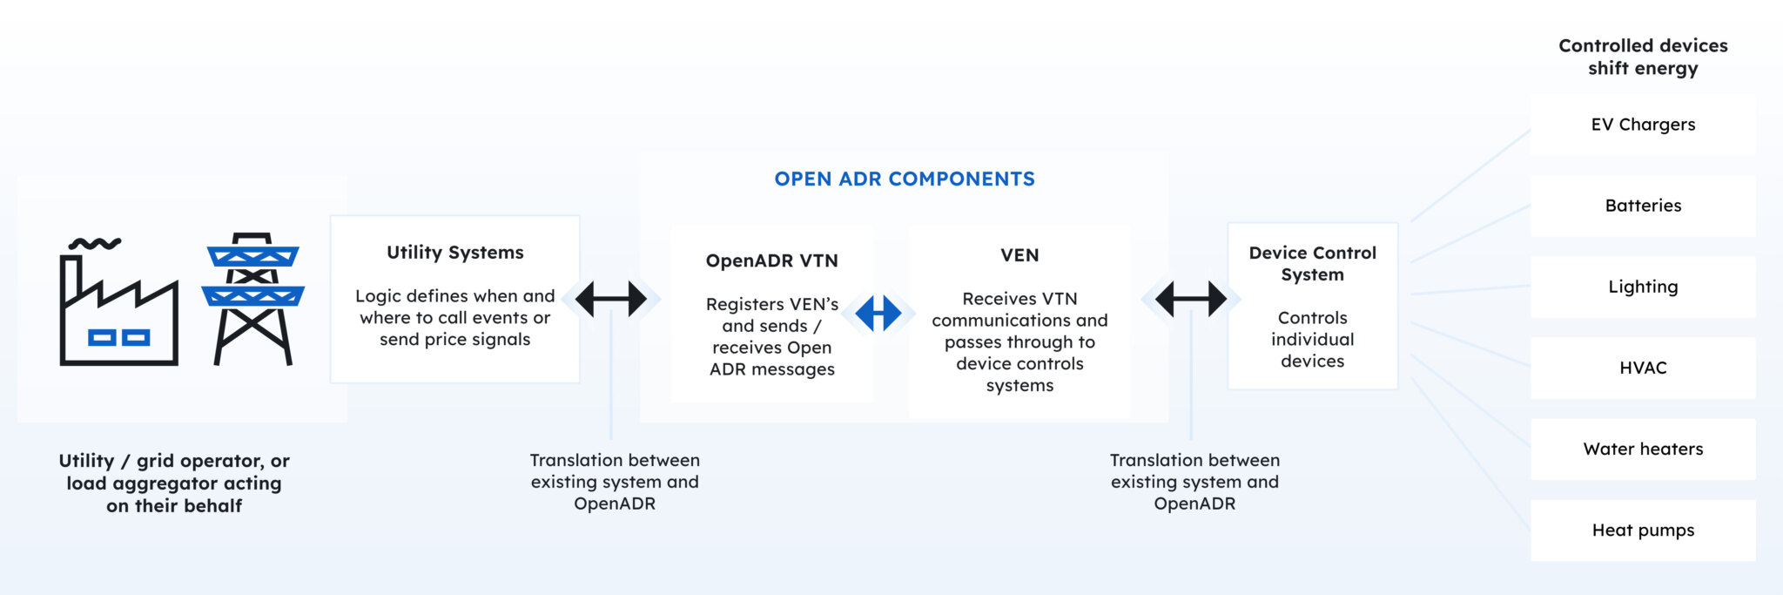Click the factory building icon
point(118,305)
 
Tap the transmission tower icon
point(252,298)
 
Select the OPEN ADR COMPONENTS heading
point(905,179)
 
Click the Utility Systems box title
point(454,253)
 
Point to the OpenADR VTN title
point(771,260)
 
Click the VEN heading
point(1019,255)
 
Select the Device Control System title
point(1312,263)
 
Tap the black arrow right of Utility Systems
point(611,299)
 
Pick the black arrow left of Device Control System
point(1190,299)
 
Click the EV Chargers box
point(1643,125)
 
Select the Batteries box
point(1643,206)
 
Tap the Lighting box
point(1643,287)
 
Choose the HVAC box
point(1643,368)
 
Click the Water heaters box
point(1643,449)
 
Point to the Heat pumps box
point(1643,530)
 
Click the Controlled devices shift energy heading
point(1643,57)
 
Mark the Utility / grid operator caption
point(174,483)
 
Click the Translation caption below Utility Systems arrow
point(615,482)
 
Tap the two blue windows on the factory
point(119,338)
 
